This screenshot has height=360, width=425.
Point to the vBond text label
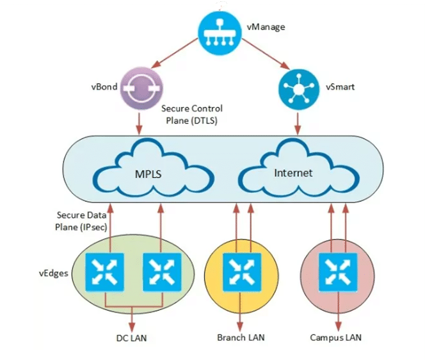point(104,86)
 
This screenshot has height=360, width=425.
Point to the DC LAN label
point(132,338)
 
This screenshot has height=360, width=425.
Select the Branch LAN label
point(241,338)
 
